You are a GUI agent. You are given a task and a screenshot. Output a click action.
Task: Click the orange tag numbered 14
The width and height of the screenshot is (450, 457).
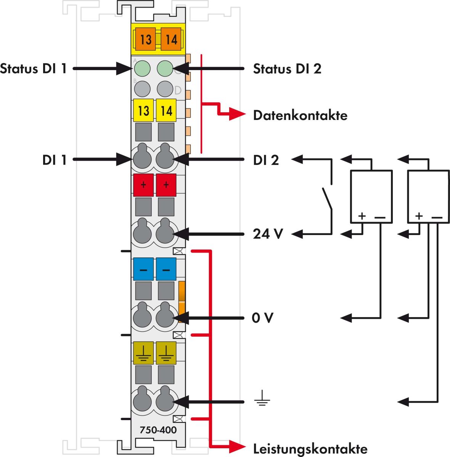pyautogui.click(x=171, y=39)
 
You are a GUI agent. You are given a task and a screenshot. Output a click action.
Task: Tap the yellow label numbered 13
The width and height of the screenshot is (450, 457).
pyautogui.click(x=143, y=111)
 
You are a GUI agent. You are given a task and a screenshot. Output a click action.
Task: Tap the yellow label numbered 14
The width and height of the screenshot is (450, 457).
pyautogui.click(x=166, y=111)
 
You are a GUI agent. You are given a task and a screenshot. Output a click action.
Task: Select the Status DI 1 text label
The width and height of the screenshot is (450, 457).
pyautogui.click(x=34, y=69)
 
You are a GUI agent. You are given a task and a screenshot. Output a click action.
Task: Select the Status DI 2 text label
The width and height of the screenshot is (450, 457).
pyautogui.click(x=287, y=69)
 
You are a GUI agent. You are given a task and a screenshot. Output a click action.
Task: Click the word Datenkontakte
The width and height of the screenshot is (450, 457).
pyautogui.click(x=300, y=115)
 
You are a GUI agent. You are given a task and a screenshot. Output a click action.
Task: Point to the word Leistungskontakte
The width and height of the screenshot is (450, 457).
pyautogui.click(x=310, y=448)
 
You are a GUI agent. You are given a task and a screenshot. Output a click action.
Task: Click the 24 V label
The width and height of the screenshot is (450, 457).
pyautogui.click(x=268, y=233)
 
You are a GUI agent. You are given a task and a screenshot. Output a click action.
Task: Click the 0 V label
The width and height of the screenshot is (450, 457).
pyautogui.click(x=263, y=318)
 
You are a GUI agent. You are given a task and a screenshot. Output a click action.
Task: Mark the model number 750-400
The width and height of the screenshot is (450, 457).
pyautogui.click(x=158, y=430)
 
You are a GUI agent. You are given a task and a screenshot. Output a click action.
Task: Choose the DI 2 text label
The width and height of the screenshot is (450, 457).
pyautogui.click(x=266, y=160)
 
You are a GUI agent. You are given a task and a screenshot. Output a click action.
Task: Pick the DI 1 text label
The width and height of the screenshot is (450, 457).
pyautogui.click(x=55, y=160)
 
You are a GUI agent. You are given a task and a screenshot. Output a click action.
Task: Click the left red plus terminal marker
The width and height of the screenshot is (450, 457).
pyautogui.click(x=143, y=185)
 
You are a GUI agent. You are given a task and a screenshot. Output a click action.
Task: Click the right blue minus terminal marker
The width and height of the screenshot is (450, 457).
pyautogui.click(x=166, y=269)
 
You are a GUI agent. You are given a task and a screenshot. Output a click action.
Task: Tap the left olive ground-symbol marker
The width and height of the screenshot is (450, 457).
pyautogui.click(x=143, y=353)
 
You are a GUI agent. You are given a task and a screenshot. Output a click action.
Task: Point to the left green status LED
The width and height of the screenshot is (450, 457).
pyautogui.click(x=142, y=69)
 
